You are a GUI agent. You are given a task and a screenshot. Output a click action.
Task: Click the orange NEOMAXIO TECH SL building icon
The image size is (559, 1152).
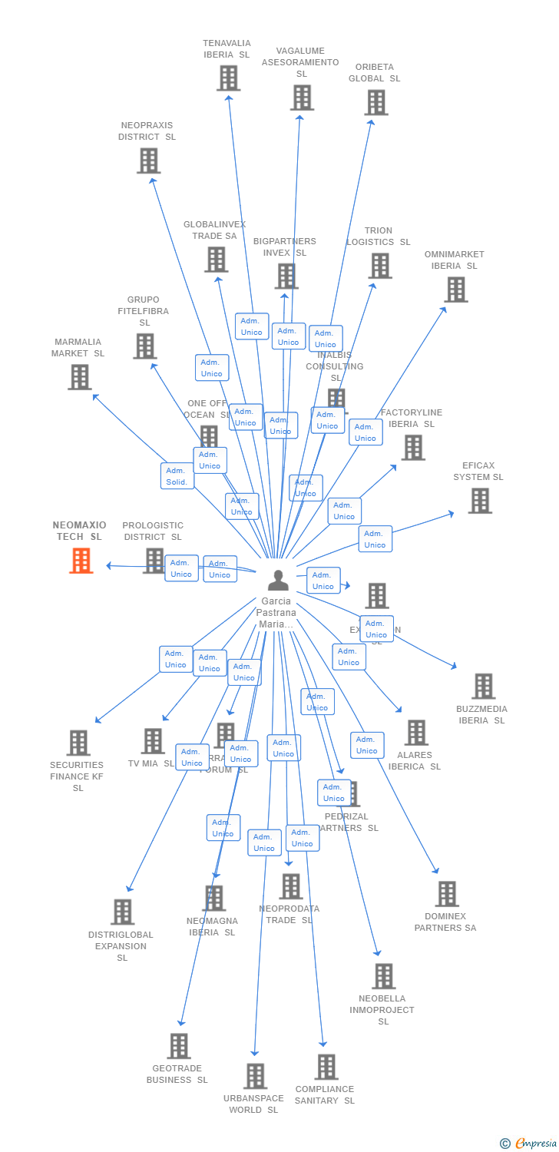point(81,561)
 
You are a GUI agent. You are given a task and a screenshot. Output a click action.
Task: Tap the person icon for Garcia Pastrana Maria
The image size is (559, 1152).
point(278,580)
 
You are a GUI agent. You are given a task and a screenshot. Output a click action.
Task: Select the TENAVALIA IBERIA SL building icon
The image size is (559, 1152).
point(228,78)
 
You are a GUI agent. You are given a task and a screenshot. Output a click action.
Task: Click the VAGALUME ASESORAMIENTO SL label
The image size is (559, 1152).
point(300,62)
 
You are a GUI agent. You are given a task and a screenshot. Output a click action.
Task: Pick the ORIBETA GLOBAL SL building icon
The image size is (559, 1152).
point(376,102)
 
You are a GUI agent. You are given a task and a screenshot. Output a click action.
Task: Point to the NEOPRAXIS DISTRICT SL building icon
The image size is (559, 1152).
point(148,161)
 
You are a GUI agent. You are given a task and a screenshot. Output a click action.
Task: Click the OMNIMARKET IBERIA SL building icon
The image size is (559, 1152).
point(455,290)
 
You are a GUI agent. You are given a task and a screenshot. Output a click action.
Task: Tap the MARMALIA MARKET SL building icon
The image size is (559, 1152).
point(79,377)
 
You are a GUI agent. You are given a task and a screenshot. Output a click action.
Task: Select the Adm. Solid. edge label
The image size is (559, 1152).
point(177,476)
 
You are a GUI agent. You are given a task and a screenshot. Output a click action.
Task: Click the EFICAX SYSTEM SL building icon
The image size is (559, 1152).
point(480,501)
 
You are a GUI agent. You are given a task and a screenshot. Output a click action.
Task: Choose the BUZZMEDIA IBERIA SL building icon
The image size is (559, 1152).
point(483,686)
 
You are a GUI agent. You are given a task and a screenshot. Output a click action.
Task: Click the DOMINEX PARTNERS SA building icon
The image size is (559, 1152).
point(447,894)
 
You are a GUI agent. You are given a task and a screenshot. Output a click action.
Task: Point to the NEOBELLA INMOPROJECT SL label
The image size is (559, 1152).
point(382,1010)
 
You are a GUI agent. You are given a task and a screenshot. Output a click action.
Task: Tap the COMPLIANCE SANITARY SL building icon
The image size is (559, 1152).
point(326,1067)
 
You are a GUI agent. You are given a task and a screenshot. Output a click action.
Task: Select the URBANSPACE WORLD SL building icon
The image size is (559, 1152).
point(256,1076)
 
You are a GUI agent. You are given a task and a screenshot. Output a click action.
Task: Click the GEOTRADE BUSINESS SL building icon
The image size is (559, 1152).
point(179,1046)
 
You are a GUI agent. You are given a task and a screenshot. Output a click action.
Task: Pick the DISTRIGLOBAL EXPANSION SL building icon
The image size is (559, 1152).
point(122,912)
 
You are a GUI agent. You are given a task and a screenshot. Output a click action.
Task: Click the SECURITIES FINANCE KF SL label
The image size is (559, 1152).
point(77,776)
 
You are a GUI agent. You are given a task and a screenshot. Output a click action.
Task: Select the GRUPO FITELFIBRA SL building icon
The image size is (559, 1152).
point(144,346)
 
